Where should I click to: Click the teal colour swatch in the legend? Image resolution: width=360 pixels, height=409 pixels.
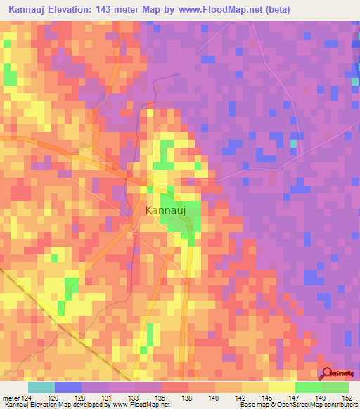tap(41, 387)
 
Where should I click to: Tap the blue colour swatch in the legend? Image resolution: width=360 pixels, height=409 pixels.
tap(68, 387)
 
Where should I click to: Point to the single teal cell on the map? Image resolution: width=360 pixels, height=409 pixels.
tap(294, 143)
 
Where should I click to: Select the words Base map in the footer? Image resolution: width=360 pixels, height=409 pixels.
tap(250, 404)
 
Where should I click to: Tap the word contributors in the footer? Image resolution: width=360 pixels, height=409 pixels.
tap(337, 404)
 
